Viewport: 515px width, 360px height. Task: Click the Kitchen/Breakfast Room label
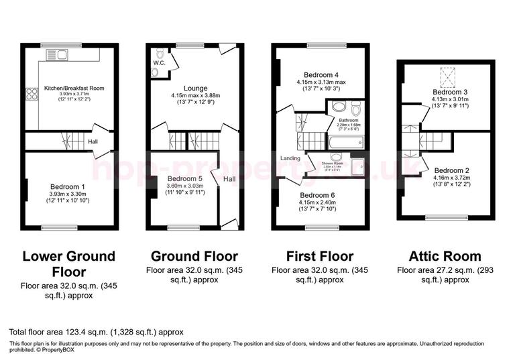pos(74,88)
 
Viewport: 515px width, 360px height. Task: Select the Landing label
pos(290,158)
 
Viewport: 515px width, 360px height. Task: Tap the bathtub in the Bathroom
pos(345,142)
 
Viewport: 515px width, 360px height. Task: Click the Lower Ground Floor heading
pos(69,264)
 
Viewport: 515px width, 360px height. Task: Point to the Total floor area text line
pos(96,332)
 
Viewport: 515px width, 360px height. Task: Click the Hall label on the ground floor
pos(229,179)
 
